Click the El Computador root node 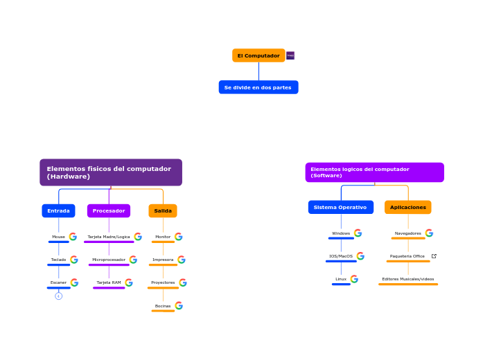(x=258, y=55)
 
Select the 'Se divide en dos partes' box (x=258, y=87)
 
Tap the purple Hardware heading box (x=111, y=172)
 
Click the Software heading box (x=374, y=172)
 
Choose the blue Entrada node (x=58, y=210)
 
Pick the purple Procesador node (x=109, y=210)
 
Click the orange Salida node (x=163, y=210)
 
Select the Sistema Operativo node (x=340, y=207)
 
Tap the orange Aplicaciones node (x=407, y=207)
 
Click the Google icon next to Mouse (x=73, y=237)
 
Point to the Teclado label (x=58, y=260)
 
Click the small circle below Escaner (x=59, y=296)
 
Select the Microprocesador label (x=109, y=260)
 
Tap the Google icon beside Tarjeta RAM (x=129, y=282)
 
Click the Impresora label (x=163, y=260)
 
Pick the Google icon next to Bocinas (x=179, y=305)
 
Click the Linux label (x=341, y=279)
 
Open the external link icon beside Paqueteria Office (x=434, y=256)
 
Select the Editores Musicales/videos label (x=408, y=279)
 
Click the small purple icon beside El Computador (x=290, y=55)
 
